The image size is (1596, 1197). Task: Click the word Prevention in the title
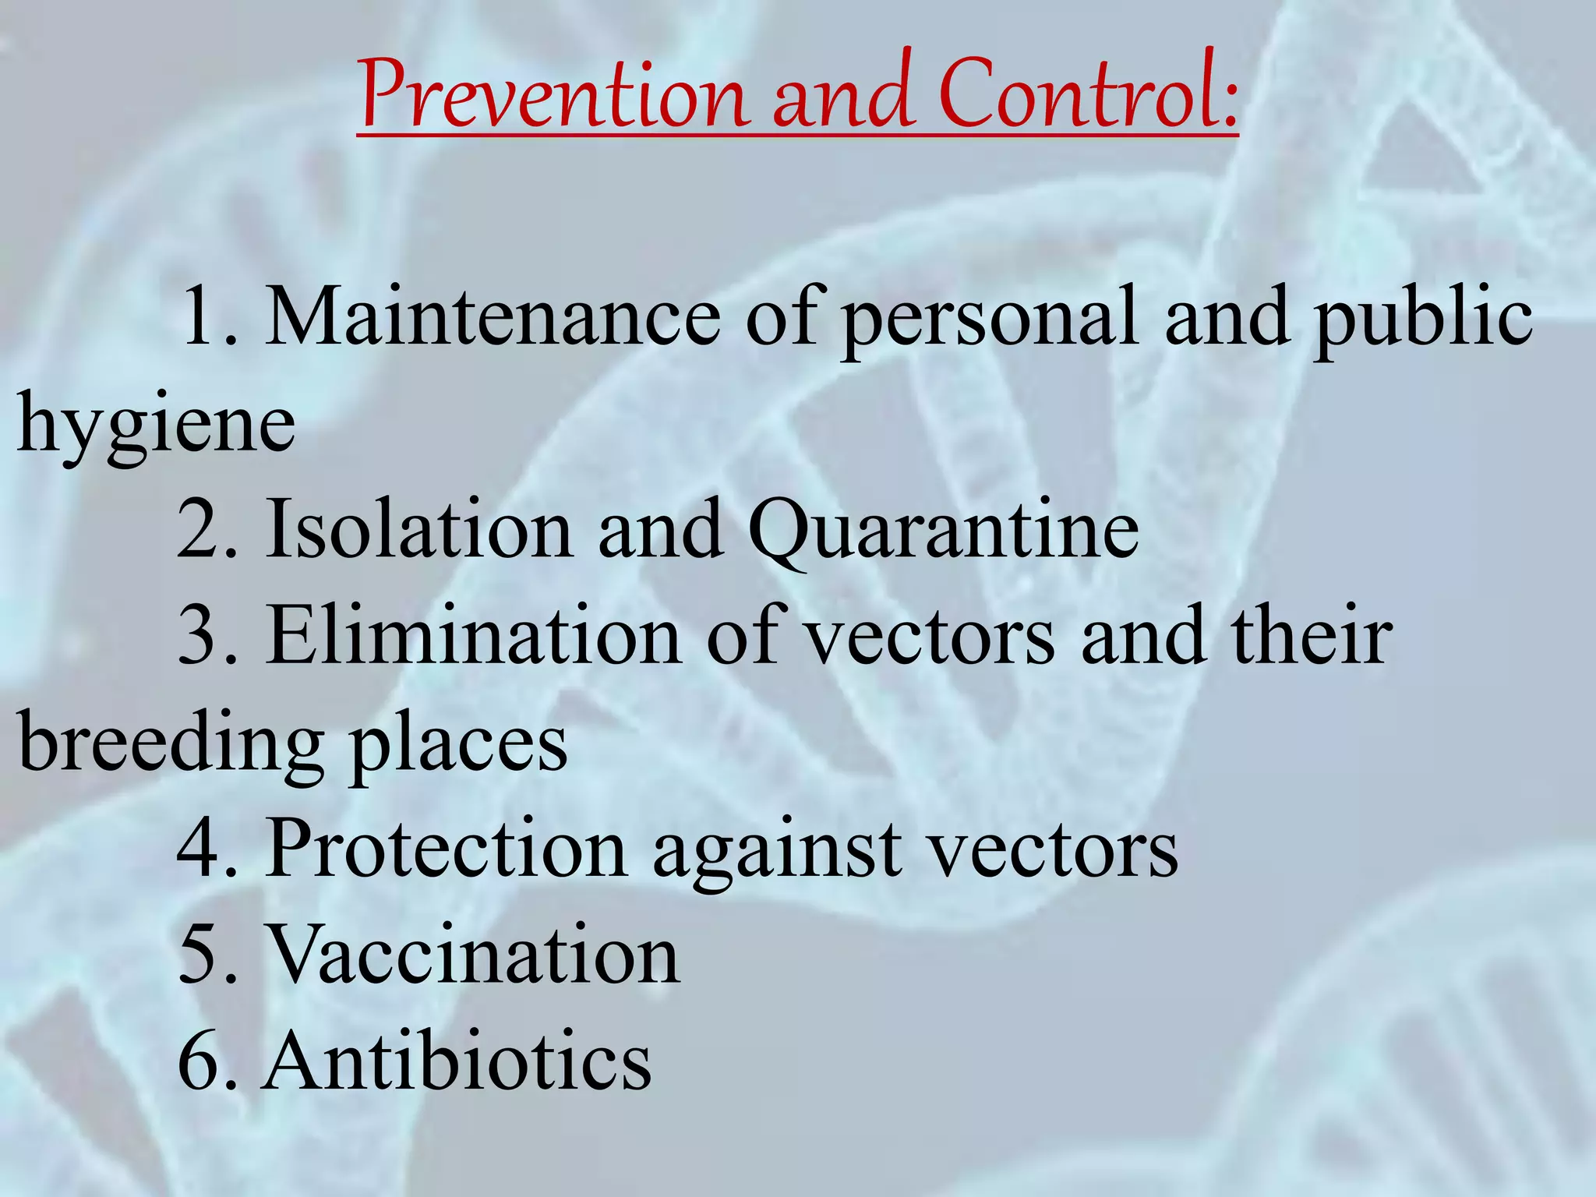pyautogui.click(x=554, y=96)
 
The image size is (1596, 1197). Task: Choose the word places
pyautogui.click(x=459, y=743)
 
